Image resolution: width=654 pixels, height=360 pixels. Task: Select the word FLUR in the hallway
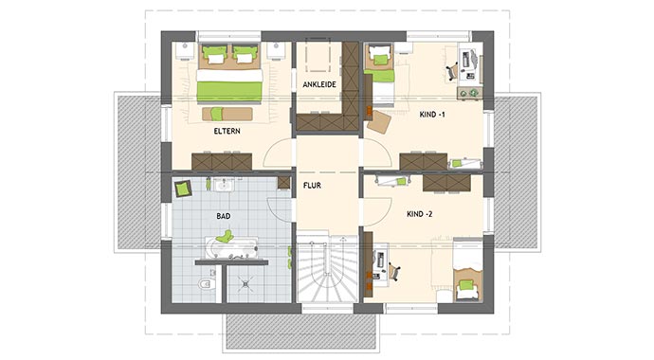[313, 186]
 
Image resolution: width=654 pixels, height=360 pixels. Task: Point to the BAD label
[224, 217]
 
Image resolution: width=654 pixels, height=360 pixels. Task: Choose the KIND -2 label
[418, 214]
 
